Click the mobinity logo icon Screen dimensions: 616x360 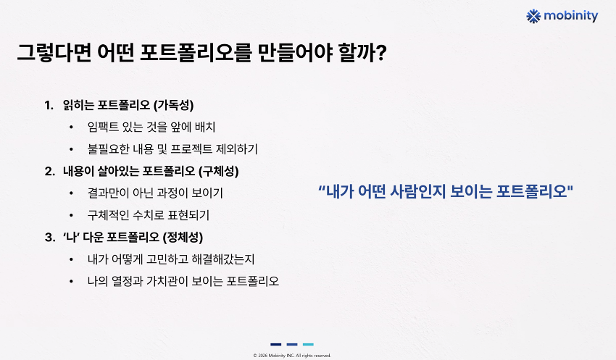tap(533, 16)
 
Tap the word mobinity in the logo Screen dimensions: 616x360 tap(571, 16)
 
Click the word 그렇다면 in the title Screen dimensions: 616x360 tap(54, 53)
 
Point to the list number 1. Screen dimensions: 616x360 tap(49, 105)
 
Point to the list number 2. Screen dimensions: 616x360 tap(49, 171)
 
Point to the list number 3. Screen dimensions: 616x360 tap(49, 237)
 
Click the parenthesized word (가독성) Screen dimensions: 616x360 tap(174, 105)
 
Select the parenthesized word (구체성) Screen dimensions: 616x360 tap(219, 171)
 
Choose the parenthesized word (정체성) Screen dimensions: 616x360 tap(183, 237)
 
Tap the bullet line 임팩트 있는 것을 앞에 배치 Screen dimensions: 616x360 tap(151, 127)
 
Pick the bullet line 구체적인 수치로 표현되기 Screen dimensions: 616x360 tap(149, 215)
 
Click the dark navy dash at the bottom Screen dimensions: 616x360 tap(276, 344)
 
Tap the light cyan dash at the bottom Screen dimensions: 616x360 tap(308, 344)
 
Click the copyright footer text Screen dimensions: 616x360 tap(292, 355)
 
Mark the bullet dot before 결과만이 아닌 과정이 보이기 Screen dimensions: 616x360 tap(71, 193)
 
